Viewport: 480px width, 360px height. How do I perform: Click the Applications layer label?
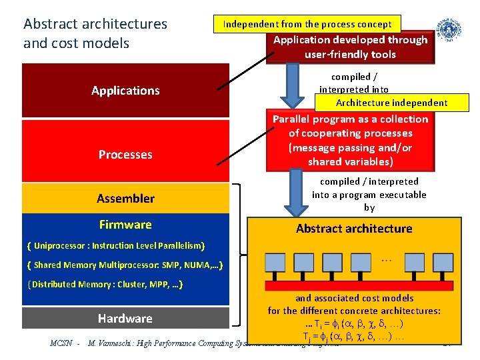tap(125, 91)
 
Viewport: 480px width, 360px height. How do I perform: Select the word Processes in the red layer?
tap(125, 155)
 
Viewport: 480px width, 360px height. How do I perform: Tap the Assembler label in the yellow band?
tap(125, 198)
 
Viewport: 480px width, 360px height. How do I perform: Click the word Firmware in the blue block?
tap(125, 225)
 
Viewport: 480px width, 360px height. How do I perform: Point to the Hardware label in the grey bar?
tap(125, 319)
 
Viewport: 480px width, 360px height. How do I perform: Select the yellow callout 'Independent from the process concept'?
tap(307, 24)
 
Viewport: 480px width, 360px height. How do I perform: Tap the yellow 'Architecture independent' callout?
tap(391, 103)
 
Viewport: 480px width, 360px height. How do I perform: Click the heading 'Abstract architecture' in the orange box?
tap(354, 229)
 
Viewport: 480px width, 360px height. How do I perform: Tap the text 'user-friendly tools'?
tap(350, 55)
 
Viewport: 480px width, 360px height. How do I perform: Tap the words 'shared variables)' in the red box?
tap(351, 162)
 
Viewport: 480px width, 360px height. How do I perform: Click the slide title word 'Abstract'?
tap(49, 24)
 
